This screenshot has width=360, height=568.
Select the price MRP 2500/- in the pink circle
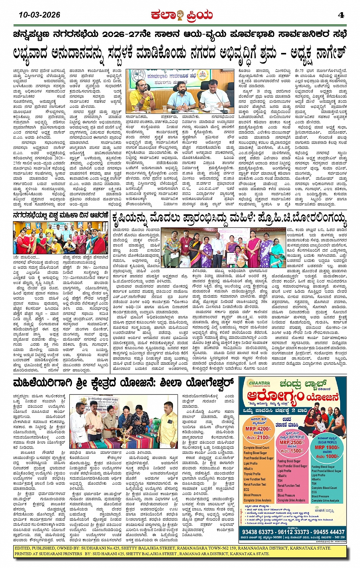[291, 442]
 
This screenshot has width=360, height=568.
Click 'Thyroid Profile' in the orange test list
[252, 474]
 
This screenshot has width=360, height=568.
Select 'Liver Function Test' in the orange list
[254, 479]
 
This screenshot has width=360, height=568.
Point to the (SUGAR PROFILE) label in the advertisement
[327, 442]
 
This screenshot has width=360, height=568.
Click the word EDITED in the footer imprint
[23, 548]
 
